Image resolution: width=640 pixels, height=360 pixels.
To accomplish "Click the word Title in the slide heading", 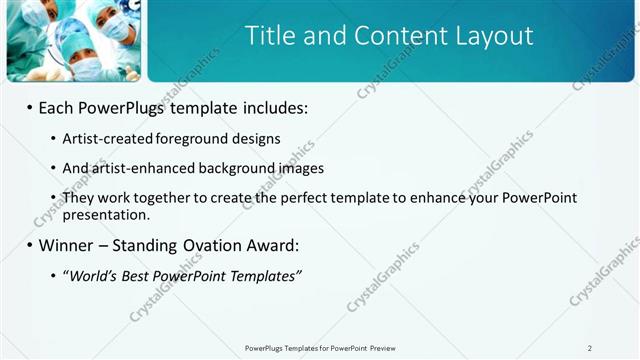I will coord(270,36).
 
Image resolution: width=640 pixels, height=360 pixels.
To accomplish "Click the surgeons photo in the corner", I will coord(72,40).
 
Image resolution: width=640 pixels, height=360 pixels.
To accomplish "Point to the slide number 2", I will coord(590,348).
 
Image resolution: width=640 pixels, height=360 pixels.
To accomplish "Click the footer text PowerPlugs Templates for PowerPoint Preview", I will coord(320,348).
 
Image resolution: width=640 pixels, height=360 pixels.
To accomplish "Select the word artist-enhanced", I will coord(139,168).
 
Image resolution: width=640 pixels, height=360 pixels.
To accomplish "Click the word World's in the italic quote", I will coord(93,275).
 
